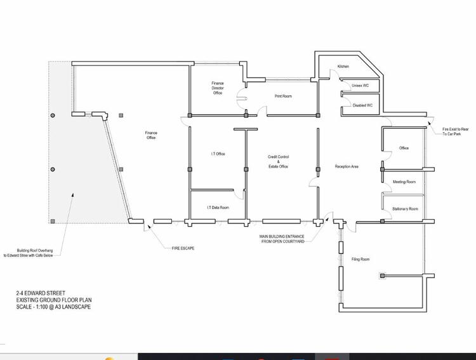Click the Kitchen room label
coord(343,66)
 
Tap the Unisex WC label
coord(360,86)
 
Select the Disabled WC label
coord(362,105)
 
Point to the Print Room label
coord(283,96)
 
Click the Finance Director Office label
coord(217,88)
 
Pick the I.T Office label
coord(218,154)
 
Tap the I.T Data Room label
coord(218,208)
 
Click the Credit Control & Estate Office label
coord(278,162)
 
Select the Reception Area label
coord(347,166)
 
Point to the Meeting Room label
coord(404,182)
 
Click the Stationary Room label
coord(405,209)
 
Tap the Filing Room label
coord(360,259)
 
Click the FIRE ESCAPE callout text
coord(183,248)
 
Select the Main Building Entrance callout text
coord(282,239)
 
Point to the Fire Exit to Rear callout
coord(455,131)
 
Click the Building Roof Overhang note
coord(28,253)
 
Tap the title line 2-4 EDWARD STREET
coord(41,293)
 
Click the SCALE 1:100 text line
coord(53,307)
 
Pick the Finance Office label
coord(151,135)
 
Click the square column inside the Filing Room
coord(382,276)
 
